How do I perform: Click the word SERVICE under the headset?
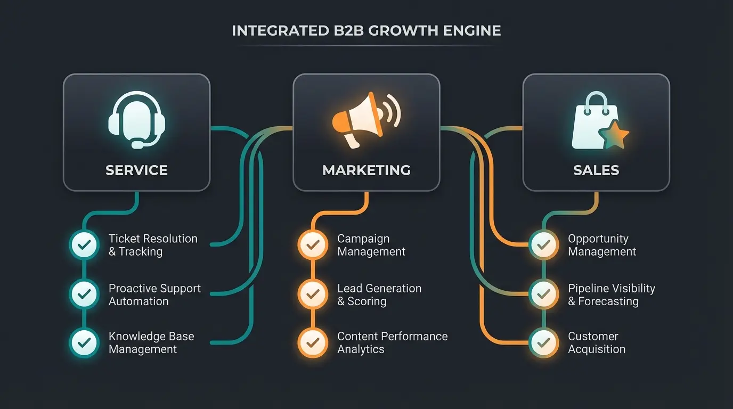[137, 170]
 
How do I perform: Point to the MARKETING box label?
[366, 170]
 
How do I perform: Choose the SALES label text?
[596, 170]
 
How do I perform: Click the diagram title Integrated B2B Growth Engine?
[366, 31]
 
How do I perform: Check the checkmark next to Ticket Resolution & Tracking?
[84, 245]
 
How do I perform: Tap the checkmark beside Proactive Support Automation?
[84, 293]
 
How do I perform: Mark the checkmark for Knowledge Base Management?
[84, 342]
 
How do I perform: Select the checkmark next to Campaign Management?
[313, 245]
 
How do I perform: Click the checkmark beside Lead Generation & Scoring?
[313, 293]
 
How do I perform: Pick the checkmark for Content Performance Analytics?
[313, 342]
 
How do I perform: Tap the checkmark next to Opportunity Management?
[543, 245]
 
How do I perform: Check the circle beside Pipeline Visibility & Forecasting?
[543, 293]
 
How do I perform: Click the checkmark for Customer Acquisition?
[543, 342]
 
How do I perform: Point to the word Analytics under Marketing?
[361, 349]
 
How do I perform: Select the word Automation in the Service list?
[139, 301]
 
